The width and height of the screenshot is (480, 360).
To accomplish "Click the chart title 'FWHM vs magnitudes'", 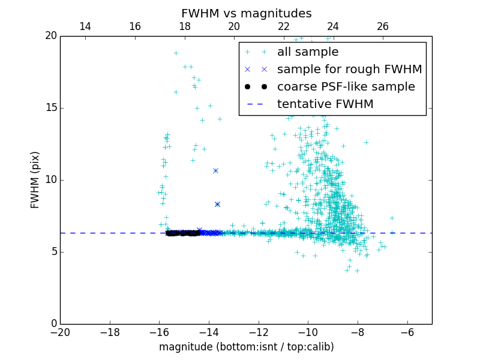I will click(246, 13).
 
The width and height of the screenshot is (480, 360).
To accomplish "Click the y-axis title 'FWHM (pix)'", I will click(35, 179).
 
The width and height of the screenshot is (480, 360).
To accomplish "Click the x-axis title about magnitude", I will click(246, 347).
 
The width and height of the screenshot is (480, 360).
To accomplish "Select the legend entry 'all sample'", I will click(308, 52).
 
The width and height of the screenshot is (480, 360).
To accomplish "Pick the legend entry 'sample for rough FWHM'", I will click(349, 70).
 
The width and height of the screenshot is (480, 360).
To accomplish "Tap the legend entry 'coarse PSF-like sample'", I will click(346, 87).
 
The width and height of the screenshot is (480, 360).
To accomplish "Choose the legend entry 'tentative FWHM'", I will click(325, 104).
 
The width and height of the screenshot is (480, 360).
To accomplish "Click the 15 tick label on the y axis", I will click(50, 108).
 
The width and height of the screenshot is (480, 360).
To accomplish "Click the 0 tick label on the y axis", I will click(53, 324).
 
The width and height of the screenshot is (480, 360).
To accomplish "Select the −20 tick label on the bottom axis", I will click(60, 332).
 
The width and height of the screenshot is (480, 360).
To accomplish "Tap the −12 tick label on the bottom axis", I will click(258, 332).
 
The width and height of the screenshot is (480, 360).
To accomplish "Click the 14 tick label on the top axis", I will click(85, 26).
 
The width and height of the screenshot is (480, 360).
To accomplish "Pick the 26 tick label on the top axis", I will click(383, 26).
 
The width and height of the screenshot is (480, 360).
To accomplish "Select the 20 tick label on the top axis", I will click(234, 26).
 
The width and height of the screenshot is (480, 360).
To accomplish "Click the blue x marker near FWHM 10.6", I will click(215, 170).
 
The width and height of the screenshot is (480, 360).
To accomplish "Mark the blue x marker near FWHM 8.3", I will click(217, 204).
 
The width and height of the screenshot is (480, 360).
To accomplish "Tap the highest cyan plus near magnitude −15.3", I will click(176, 53).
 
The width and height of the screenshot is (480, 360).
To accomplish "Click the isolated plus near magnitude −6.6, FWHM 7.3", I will click(392, 218).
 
